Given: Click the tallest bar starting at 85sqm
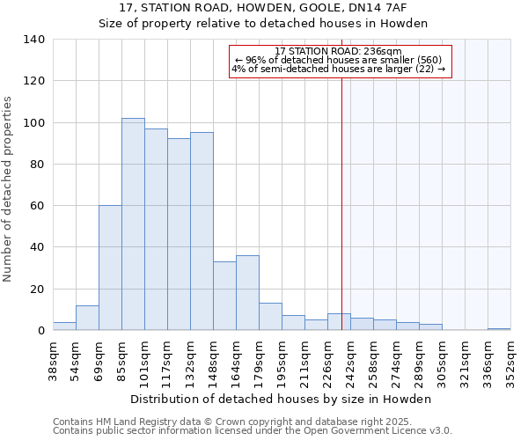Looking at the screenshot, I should [133, 224].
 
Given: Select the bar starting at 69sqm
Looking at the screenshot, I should [110, 268].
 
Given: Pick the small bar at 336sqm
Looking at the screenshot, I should [499, 329].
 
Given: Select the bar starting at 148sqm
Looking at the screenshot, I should [224, 296].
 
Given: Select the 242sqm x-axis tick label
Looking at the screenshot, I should [350, 359].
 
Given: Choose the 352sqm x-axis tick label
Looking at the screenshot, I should [510, 359].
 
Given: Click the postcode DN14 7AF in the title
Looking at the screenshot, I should [381, 8].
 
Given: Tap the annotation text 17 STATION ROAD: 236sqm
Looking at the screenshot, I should [338, 52].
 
